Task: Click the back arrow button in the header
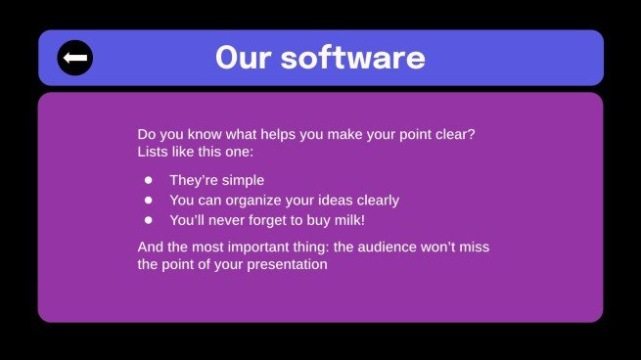click(74, 58)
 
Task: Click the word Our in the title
click(242, 58)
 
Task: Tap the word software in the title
click(350, 58)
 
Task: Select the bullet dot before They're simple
click(149, 180)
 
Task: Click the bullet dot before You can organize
click(149, 201)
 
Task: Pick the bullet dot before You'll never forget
click(149, 220)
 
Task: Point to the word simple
click(242, 180)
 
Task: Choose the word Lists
click(155, 153)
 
